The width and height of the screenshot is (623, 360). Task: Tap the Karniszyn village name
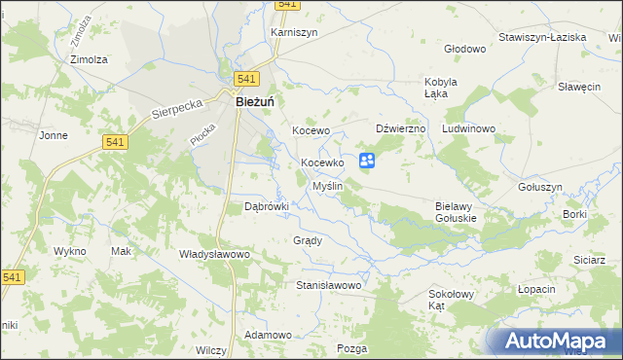point(293,31)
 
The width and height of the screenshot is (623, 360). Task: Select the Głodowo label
point(463,49)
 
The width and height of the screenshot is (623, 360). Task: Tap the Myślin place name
point(326,186)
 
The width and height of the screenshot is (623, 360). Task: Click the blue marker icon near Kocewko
point(367,161)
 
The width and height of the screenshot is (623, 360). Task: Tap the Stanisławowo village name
point(329,286)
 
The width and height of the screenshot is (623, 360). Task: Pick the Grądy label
point(307,239)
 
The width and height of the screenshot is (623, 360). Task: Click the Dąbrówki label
point(267,206)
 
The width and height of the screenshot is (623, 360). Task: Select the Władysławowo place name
point(215,254)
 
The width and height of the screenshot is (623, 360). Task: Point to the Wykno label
point(70,251)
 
